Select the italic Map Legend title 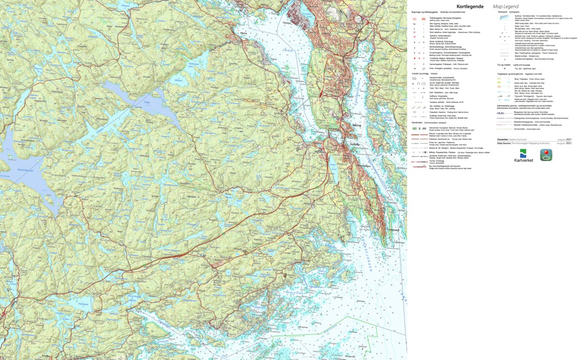(x=506, y=6)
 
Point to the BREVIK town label (x=358, y=125)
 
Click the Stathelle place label (x=354, y=144)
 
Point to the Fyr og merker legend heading (x=506, y=64)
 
